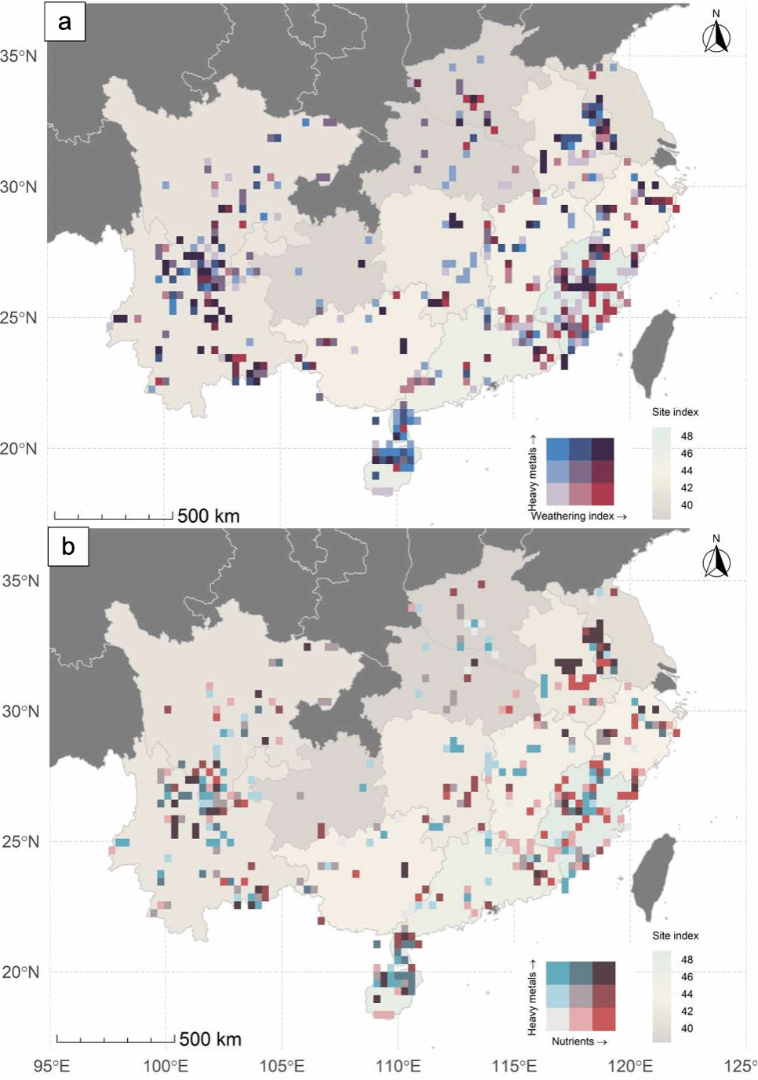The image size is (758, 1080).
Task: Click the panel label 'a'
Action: [64, 22]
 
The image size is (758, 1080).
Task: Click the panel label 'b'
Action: [68, 546]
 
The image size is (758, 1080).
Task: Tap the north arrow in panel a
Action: [716, 34]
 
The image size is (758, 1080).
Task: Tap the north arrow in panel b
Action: [716, 558]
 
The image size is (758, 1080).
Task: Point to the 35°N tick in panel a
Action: [18, 56]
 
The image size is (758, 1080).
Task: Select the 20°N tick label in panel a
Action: [18, 448]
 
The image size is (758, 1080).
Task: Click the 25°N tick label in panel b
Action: [20, 841]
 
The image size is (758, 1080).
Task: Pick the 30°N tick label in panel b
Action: [20, 711]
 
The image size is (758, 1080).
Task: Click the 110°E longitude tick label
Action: [399, 1066]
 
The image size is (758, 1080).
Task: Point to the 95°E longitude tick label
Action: [52, 1066]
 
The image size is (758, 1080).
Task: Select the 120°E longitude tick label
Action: [630, 1066]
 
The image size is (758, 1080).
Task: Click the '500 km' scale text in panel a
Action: [208, 516]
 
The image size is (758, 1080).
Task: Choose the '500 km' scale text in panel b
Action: [210, 1039]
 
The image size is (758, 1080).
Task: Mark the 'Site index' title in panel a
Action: [675, 412]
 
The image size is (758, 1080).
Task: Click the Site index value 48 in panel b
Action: [687, 959]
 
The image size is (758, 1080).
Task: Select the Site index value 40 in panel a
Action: [687, 505]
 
